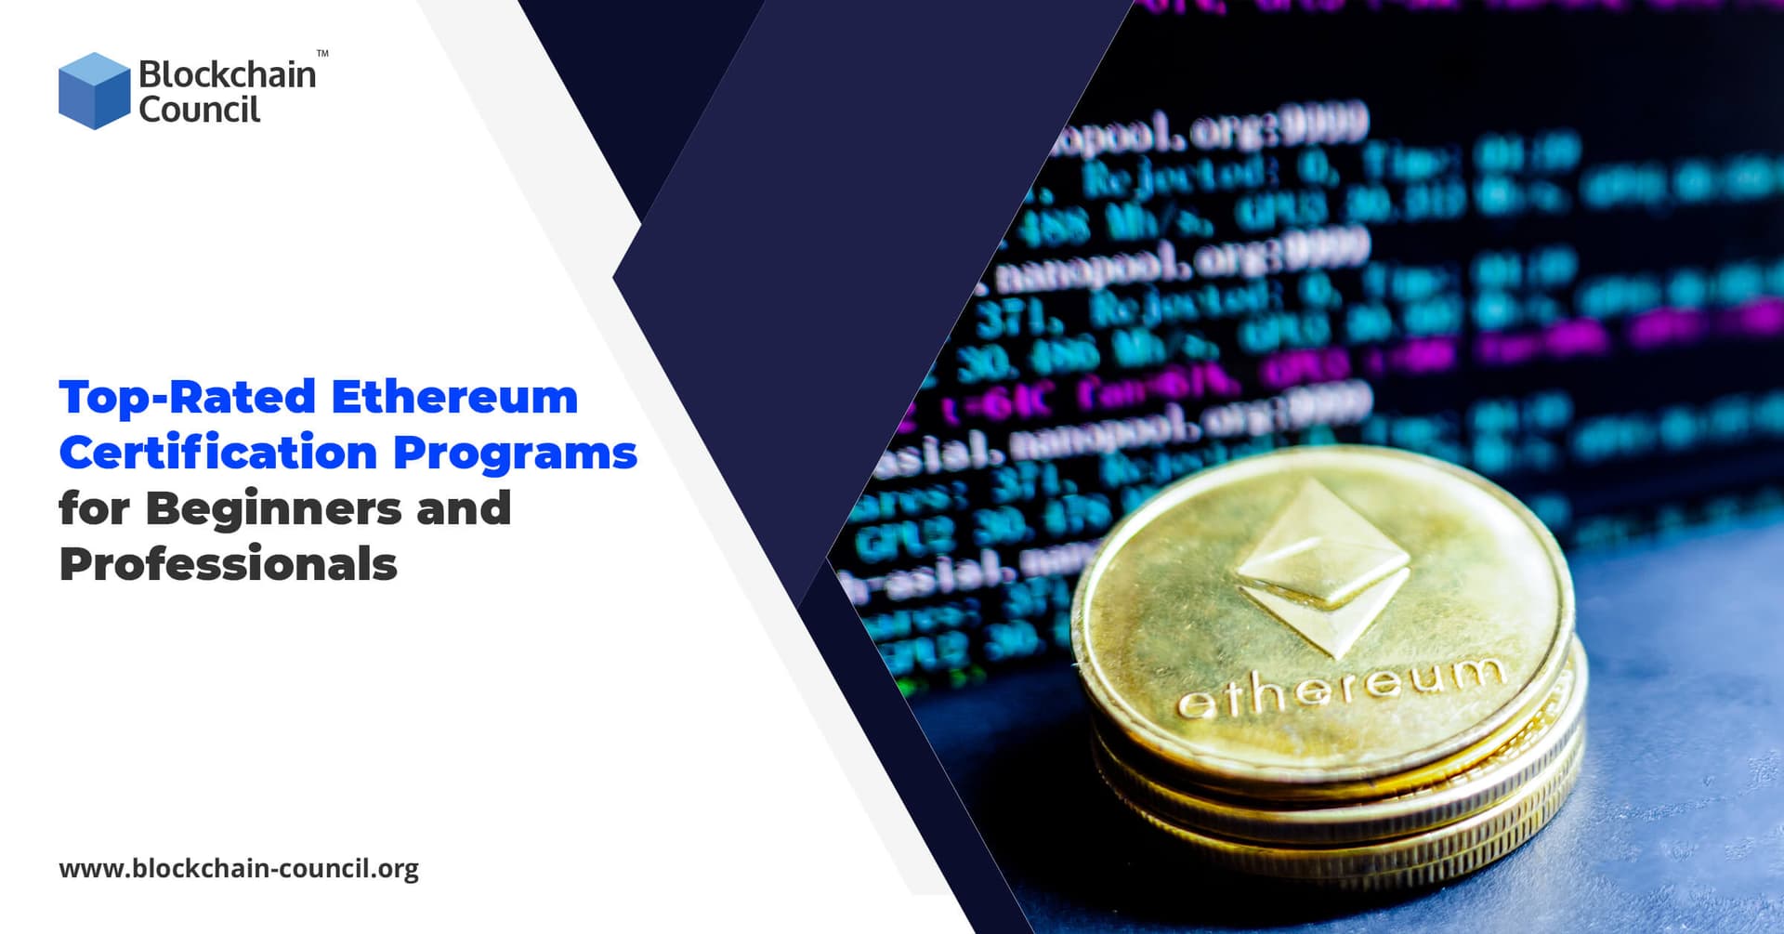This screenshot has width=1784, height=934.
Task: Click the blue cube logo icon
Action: (94, 91)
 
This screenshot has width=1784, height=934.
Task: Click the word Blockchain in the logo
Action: (227, 74)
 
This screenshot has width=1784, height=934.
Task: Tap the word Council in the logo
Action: (199, 110)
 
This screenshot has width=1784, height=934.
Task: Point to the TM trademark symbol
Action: (322, 54)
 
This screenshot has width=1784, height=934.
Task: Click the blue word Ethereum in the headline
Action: (454, 397)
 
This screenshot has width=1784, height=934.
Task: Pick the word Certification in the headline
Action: (217, 453)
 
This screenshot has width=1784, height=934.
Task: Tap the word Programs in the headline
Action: (515, 454)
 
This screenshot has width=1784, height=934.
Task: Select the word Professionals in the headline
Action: (229, 564)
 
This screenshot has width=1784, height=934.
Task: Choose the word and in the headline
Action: (464, 508)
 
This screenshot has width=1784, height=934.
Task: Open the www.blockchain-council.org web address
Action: (239, 869)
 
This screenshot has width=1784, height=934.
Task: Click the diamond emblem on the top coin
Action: (1322, 567)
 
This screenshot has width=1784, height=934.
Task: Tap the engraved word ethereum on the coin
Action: (1339, 689)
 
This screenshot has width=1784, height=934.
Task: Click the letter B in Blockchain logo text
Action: (150, 74)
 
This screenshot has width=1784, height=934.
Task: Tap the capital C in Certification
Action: (77, 453)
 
